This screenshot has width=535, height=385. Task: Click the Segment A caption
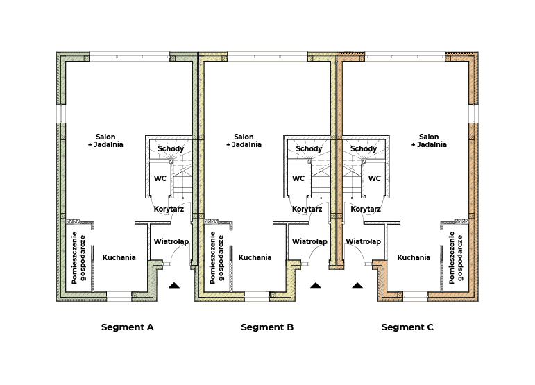127,327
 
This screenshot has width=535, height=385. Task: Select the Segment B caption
267,327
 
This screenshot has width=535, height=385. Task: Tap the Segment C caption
407,327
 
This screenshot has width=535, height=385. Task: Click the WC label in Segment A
160,178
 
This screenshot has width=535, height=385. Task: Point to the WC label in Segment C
375,178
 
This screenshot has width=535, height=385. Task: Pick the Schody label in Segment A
171,149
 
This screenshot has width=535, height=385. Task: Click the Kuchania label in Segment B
255,257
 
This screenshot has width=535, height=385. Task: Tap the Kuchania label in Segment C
414,257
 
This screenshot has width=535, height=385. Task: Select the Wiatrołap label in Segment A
171,241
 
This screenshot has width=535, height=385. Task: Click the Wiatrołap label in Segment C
364,241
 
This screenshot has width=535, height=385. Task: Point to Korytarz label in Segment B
307,209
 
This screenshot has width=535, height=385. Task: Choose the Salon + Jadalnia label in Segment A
105,141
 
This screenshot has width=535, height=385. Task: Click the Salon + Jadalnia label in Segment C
429,141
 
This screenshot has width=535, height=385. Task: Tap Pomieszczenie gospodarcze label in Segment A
78,257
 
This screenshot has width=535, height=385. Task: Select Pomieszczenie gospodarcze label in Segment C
456,257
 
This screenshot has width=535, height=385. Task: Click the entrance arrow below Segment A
174,285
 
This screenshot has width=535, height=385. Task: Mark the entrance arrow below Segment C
357,285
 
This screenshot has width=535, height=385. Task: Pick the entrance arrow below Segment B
316,285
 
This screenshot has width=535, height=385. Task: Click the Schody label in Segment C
364,149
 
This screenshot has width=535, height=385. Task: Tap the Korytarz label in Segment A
169,209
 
